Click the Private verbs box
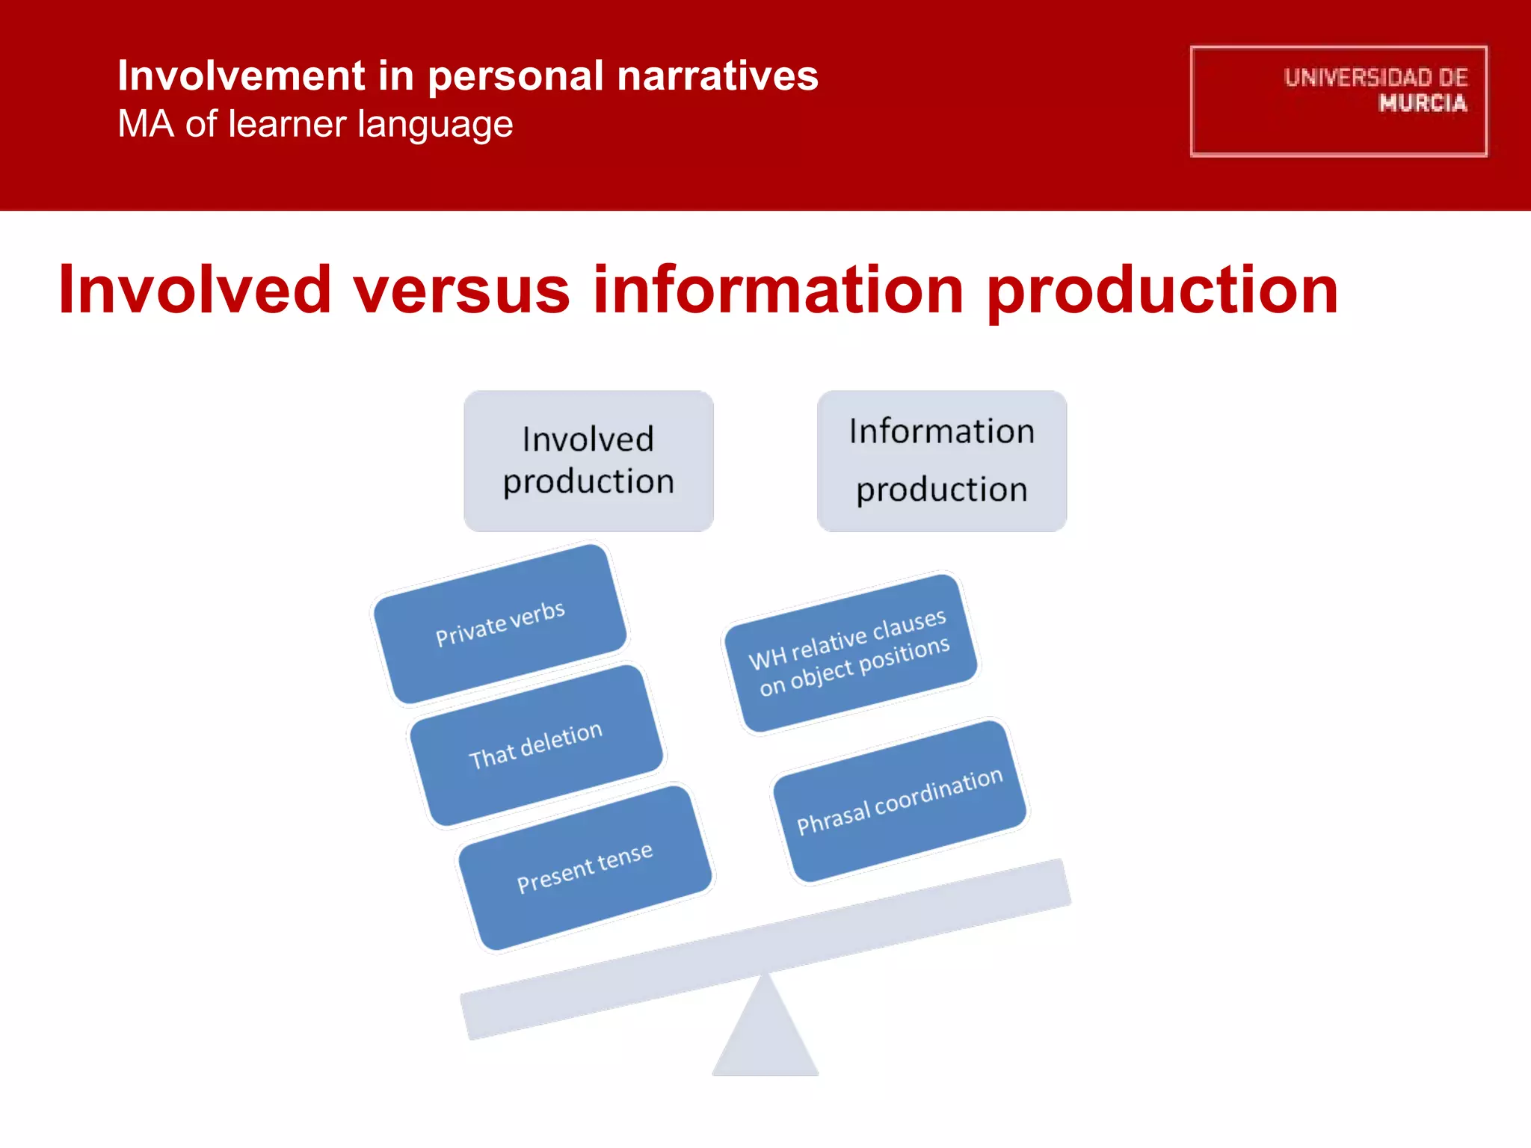coord(500,623)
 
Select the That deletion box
coord(536,745)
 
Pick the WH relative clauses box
coord(851,652)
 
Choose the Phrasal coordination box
coord(900,801)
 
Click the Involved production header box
coord(588,460)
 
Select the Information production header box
coord(941,460)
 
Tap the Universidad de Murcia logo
coord(1338,101)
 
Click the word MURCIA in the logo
coord(1422,103)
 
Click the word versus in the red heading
coord(461,290)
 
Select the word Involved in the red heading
coord(194,290)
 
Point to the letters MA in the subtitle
coord(146,124)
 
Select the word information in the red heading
coord(778,290)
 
